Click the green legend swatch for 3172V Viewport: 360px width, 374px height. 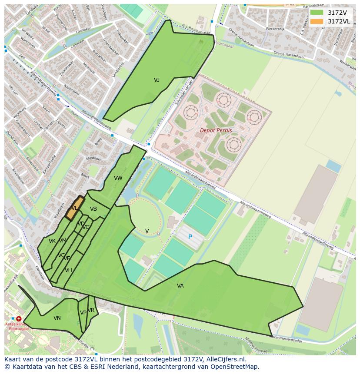[x=317, y=13]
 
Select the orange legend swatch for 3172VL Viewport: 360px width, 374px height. [x=317, y=21]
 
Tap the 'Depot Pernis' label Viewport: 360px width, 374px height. [x=216, y=130]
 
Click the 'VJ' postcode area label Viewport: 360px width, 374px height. [x=157, y=80]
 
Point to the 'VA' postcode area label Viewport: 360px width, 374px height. [x=180, y=286]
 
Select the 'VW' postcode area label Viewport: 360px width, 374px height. [x=118, y=178]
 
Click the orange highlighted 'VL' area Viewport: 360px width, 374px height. [x=74, y=208]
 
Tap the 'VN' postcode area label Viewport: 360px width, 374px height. [x=57, y=318]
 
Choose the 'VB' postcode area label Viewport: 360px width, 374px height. [x=93, y=209]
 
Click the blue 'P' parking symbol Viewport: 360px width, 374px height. [x=190, y=237]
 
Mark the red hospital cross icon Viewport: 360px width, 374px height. [x=19, y=319]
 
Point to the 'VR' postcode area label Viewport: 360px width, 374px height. [x=91, y=310]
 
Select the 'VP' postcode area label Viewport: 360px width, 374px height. [x=83, y=313]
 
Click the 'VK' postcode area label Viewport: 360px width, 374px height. [x=52, y=241]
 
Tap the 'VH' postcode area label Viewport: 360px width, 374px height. [x=68, y=270]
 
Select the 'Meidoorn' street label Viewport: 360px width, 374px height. [x=93, y=159]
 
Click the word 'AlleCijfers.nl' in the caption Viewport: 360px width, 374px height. [x=225, y=359]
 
